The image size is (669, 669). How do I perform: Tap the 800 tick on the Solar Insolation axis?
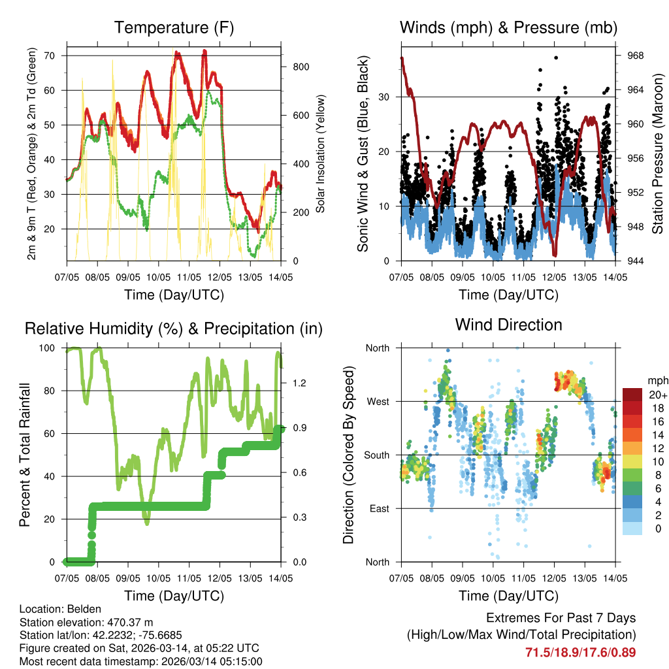(x=292, y=67)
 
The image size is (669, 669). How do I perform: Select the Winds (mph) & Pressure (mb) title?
(x=508, y=28)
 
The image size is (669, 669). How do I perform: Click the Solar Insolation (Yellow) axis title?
(x=321, y=154)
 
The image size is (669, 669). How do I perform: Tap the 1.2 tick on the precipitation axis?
(x=293, y=383)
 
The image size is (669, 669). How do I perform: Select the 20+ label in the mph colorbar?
(x=657, y=395)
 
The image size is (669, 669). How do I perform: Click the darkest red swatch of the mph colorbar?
(x=632, y=395)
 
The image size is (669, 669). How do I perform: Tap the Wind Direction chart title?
(x=508, y=325)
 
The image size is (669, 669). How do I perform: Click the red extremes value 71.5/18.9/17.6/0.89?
(x=580, y=652)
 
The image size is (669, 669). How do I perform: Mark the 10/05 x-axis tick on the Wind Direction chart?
(x=493, y=578)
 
